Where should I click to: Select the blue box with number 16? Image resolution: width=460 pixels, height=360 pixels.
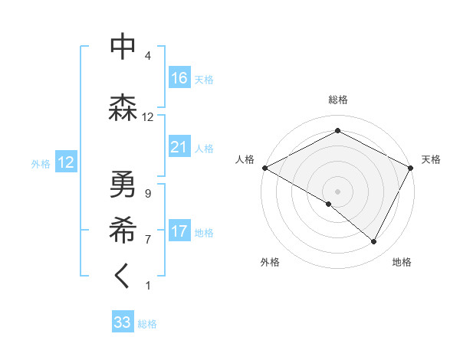click(x=179, y=78)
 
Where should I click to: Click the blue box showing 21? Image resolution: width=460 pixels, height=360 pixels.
click(x=179, y=147)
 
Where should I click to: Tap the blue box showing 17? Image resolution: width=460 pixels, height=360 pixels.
click(x=179, y=231)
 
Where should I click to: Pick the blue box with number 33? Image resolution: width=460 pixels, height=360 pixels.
click(x=123, y=322)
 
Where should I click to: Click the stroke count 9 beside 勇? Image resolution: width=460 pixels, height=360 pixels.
click(x=147, y=194)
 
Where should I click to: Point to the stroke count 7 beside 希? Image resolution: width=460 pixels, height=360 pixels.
click(x=147, y=240)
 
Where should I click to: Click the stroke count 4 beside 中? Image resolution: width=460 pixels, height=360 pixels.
click(x=147, y=56)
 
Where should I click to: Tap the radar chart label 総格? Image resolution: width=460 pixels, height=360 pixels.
click(x=337, y=100)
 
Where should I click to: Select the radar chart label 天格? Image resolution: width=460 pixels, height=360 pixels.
click(x=431, y=159)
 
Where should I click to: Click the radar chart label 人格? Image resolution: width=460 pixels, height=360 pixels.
click(x=245, y=159)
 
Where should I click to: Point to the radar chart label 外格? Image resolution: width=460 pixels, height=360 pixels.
click(x=270, y=263)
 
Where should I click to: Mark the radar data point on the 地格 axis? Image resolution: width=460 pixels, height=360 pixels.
click(x=374, y=241)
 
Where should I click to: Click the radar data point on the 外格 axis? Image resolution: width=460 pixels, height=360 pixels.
click(x=329, y=204)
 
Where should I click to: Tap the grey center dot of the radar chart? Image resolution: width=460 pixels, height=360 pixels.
click(x=337, y=191)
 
